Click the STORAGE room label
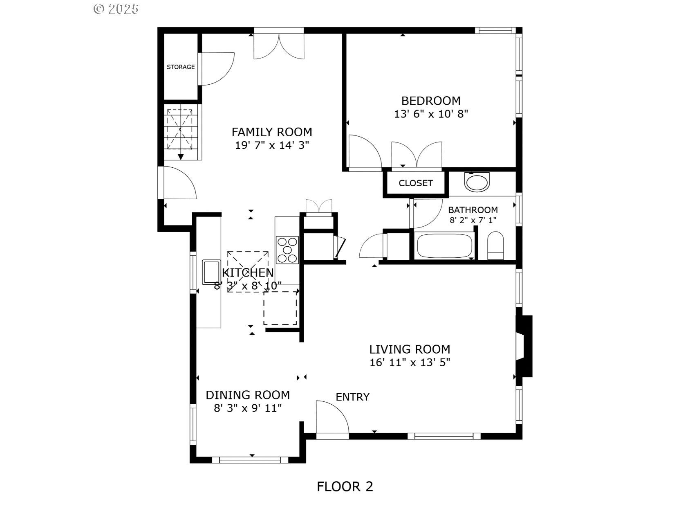click(181, 67)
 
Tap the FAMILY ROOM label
click(272, 132)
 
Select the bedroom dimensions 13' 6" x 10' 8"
click(431, 114)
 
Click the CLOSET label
click(416, 183)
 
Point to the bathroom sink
click(477, 182)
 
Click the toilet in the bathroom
click(496, 246)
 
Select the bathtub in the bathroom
click(444, 245)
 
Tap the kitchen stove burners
click(287, 250)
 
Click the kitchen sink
click(211, 272)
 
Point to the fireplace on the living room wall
click(524, 346)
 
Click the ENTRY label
click(352, 397)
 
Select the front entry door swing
click(332, 417)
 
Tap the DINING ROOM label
click(248, 395)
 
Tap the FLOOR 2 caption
click(345, 486)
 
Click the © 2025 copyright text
click(116, 9)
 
